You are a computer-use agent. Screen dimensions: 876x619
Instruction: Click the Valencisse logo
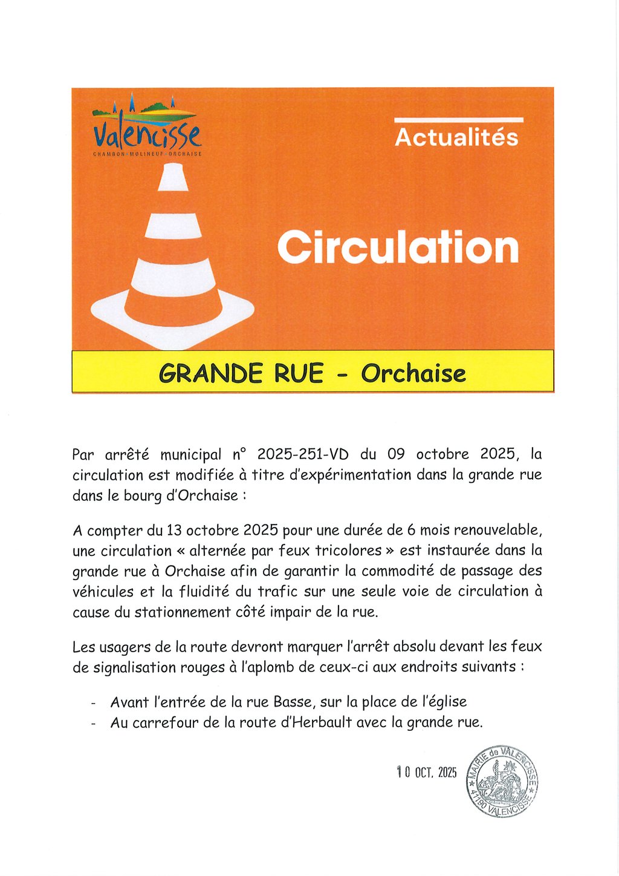147,128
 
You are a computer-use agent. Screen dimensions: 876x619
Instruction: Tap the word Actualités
456,137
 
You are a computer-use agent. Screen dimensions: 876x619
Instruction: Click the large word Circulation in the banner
398,247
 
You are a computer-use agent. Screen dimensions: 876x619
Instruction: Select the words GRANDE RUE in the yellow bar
241,373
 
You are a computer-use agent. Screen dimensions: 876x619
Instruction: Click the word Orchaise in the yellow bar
413,373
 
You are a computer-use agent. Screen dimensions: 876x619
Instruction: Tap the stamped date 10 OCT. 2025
427,772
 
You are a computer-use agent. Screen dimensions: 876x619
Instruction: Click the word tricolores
349,551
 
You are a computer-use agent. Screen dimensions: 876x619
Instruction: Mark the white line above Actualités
458,120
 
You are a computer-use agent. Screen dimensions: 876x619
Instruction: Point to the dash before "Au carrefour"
93,724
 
